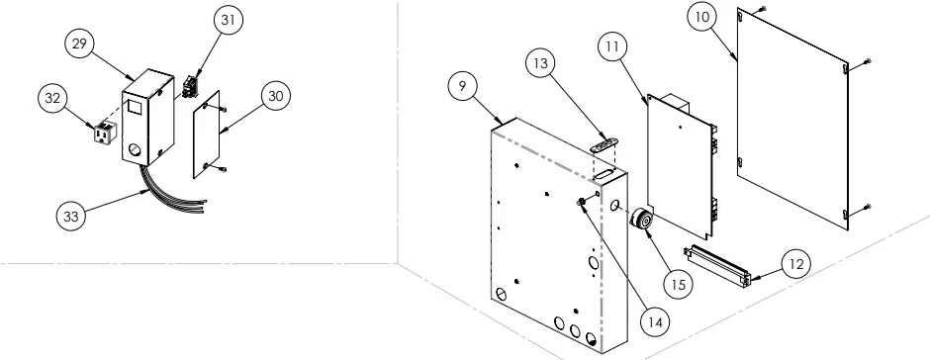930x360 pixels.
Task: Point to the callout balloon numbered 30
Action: coord(277,95)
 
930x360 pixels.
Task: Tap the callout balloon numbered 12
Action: coord(796,264)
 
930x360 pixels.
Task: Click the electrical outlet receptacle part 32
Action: coord(100,133)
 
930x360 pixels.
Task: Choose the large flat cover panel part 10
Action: coord(797,119)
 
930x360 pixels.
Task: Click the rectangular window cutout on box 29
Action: coord(133,103)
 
